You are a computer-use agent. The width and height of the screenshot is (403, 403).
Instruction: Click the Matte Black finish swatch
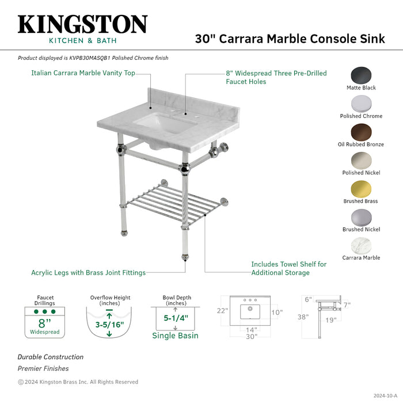(361, 75)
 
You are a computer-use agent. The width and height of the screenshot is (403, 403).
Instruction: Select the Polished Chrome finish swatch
(361, 104)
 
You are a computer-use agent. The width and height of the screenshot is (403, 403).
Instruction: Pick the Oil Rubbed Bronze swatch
(361, 132)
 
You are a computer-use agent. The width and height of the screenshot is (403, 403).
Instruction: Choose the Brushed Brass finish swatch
(361, 189)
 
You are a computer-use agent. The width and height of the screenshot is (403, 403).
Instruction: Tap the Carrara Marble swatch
(361, 245)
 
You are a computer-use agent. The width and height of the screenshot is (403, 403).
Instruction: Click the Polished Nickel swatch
(361, 161)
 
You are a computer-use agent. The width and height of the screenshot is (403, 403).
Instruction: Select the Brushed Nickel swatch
(361, 217)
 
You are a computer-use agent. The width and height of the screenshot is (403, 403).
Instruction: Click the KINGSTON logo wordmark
(82, 24)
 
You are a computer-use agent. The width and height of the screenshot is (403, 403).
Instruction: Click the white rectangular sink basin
(155, 122)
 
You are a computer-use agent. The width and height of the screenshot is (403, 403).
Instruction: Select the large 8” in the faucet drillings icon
(44, 323)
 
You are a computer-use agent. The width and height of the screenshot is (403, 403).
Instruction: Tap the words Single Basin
(176, 336)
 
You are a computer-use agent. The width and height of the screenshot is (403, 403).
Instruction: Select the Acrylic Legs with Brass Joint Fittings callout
(88, 272)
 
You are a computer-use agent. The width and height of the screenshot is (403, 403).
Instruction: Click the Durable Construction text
(50, 357)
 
